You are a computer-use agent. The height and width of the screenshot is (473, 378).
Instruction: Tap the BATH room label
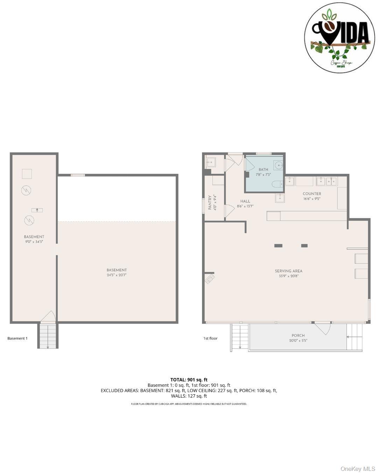(x=263, y=170)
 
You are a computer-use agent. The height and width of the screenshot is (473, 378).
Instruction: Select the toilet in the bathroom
(x=277, y=184)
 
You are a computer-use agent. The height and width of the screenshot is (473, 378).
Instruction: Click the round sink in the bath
(x=279, y=165)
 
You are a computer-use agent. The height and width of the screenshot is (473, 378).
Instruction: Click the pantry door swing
(x=229, y=210)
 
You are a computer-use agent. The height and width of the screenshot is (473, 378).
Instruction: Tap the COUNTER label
(x=311, y=194)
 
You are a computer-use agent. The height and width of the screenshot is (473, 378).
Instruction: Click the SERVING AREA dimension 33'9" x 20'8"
(x=288, y=276)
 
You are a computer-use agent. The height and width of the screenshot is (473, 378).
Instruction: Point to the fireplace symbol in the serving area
(x=210, y=279)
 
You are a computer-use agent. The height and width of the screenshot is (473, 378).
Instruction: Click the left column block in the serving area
(x=278, y=246)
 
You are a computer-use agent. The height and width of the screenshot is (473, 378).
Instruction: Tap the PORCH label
(x=298, y=335)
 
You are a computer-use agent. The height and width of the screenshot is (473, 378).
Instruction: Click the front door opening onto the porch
(x=323, y=328)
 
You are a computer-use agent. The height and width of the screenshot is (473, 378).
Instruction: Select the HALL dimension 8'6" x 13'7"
(x=245, y=206)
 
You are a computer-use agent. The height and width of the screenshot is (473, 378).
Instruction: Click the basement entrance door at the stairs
(x=48, y=317)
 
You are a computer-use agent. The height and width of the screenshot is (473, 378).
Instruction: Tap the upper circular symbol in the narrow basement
(x=26, y=190)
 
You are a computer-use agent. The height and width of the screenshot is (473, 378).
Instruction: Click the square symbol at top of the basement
(x=27, y=174)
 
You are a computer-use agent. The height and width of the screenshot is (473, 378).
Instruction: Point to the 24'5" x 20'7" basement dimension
(x=117, y=275)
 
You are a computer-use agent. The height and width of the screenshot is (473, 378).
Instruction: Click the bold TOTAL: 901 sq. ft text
(x=189, y=379)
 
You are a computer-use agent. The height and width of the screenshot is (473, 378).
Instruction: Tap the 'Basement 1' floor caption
(x=17, y=338)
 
